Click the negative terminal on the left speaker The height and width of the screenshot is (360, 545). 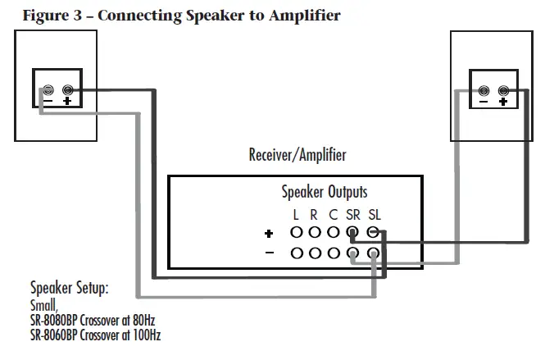point(48,89)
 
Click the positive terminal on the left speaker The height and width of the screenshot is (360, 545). point(67,89)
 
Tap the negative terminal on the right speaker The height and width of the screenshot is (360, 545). point(484,90)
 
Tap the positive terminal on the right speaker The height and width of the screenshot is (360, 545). point(503,90)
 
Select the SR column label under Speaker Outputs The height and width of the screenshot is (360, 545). point(352,215)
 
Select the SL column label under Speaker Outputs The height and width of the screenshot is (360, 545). point(374,215)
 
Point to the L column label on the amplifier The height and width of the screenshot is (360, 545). point(296,215)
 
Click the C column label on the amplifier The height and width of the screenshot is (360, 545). point(333,215)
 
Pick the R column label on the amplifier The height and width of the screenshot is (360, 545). point(314,215)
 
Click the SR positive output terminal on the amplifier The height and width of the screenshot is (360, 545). point(353,233)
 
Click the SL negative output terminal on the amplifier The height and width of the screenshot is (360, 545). point(373,253)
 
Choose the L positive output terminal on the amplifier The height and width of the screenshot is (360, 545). point(296,233)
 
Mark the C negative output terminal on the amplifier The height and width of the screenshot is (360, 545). point(334,253)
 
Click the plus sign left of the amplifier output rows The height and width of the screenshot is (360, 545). point(269,234)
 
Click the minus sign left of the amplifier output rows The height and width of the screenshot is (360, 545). point(270,253)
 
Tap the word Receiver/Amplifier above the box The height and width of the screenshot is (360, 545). point(297,155)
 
